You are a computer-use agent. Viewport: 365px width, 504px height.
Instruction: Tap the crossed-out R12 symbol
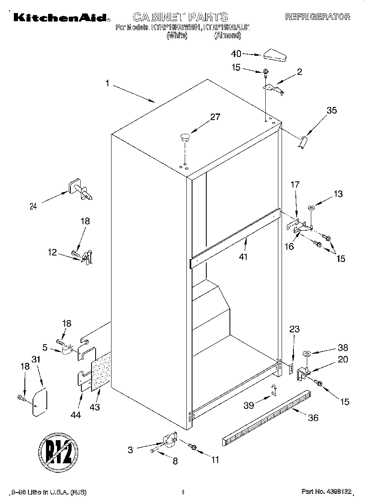pos(58,452)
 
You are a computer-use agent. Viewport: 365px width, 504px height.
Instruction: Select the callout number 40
pos(236,54)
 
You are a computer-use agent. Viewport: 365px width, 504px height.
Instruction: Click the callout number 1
pos(107,83)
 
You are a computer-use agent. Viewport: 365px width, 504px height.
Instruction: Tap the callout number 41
pos(243,257)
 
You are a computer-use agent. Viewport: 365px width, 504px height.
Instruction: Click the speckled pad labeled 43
pos(101,371)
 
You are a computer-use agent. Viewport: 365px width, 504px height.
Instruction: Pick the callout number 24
pos(33,206)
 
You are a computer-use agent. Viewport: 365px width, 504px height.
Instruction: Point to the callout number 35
pos(332,110)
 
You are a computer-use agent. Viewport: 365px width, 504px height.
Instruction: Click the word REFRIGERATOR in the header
pos(317,17)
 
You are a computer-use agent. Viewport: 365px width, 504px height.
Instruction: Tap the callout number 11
pos(215,460)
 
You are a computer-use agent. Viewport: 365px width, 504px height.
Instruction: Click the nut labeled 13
pos(311,208)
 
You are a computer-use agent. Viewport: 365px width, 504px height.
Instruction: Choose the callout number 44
pos(76,415)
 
